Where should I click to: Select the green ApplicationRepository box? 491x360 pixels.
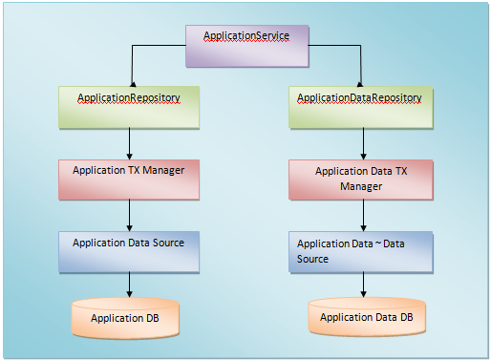click(x=130, y=107)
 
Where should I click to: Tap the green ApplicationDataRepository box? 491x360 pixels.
click(x=360, y=107)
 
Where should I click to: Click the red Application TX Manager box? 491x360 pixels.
click(x=130, y=179)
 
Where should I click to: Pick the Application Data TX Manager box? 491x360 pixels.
click(x=360, y=180)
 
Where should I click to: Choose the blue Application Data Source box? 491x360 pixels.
click(x=130, y=251)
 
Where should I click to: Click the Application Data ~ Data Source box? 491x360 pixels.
click(x=360, y=251)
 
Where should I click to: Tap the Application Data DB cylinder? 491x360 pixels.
click(x=366, y=317)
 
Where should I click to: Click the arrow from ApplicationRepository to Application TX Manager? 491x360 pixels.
click(x=130, y=143)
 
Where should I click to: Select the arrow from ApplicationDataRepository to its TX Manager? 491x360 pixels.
click(x=360, y=143)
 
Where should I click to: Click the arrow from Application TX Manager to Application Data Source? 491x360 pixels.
click(x=130, y=215)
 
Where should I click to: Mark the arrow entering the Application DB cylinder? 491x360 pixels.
click(x=130, y=285)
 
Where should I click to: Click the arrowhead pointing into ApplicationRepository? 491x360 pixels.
click(x=130, y=81)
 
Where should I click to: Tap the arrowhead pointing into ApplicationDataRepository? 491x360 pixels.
click(x=360, y=81)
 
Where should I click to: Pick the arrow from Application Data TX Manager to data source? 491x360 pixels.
click(x=360, y=217)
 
